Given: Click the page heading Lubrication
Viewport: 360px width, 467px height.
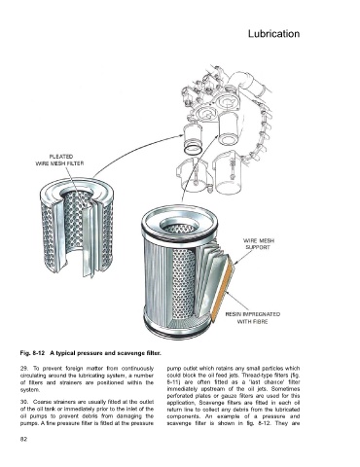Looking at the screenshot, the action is (x=273, y=34).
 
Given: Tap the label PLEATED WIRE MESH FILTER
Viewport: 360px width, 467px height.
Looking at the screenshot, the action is (x=59, y=161).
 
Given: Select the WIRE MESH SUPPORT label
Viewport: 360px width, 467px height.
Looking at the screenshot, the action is (x=259, y=244).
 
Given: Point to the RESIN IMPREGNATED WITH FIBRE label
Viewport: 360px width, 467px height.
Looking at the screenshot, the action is (x=253, y=318).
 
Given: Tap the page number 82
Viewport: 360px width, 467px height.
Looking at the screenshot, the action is (x=23, y=439).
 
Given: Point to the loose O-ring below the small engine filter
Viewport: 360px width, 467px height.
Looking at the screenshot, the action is (x=193, y=150).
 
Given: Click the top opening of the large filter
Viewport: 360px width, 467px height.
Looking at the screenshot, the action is (x=179, y=225).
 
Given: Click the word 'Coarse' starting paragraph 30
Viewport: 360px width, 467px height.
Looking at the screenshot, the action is (x=41, y=402).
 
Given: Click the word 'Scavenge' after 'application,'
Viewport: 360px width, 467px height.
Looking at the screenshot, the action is (x=211, y=403).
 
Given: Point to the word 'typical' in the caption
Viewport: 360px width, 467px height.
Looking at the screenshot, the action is (x=66, y=353).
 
